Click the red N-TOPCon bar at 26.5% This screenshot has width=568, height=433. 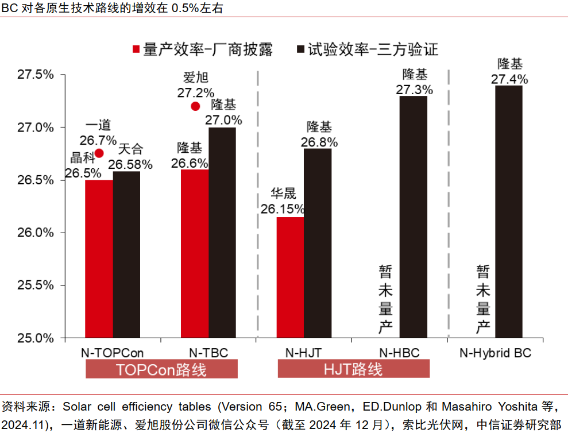(99, 258)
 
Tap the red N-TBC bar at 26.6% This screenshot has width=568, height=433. (194, 253)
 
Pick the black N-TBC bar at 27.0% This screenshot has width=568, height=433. (222, 233)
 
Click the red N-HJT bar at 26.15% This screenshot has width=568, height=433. (290, 277)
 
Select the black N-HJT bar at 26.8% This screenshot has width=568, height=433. (318, 243)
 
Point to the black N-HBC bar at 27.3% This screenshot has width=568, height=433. (414, 216)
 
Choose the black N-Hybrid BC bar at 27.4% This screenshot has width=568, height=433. (509, 211)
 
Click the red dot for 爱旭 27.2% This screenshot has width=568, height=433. (195, 106)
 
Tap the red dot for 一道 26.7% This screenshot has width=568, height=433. (99, 153)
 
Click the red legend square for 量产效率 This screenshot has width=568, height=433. (136, 50)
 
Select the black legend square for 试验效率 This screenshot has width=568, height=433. (300, 50)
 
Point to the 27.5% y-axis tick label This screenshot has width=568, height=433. (35, 75)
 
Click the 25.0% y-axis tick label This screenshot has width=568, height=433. (35, 338)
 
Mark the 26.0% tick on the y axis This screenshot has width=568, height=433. (35, 233)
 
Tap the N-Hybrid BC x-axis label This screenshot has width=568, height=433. (496, 353)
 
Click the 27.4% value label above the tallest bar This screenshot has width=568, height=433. (509, 79)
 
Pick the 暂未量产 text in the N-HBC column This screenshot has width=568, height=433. (385, 299)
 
